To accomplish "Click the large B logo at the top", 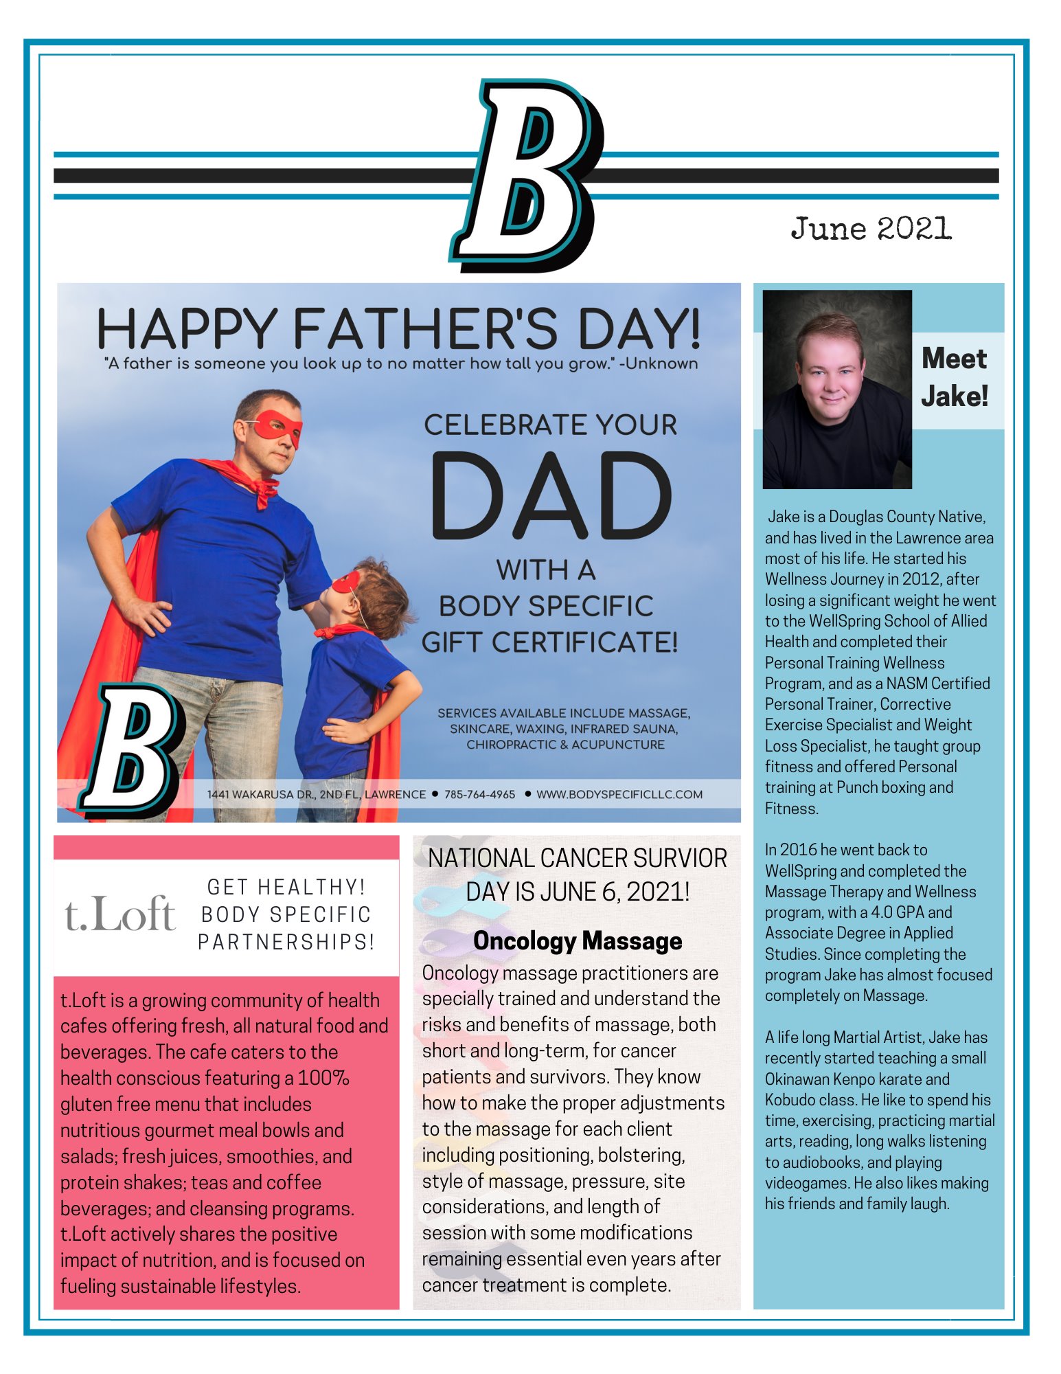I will click(x=527, y=175).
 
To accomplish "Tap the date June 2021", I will click(x=871, y=229).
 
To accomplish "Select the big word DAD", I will click(x=551, y=496).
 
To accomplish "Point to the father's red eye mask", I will click(x=277, y=427).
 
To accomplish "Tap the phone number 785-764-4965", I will click(x=479, y=795).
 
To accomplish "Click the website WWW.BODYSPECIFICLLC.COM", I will click(x=619, y=795).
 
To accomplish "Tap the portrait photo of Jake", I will click(x=837, y=390).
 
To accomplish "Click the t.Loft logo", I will click(x=120, y=914).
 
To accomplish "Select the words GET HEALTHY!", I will click(x=286, y=888).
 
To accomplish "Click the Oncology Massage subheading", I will click(x=578, y=941).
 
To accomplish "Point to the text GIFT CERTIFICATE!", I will click(x=549, y=643).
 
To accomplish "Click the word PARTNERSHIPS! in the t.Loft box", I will click(x=286, y=942).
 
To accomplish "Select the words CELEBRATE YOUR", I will click(x=550, y=425).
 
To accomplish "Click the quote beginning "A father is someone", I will click(x=400, y=364).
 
